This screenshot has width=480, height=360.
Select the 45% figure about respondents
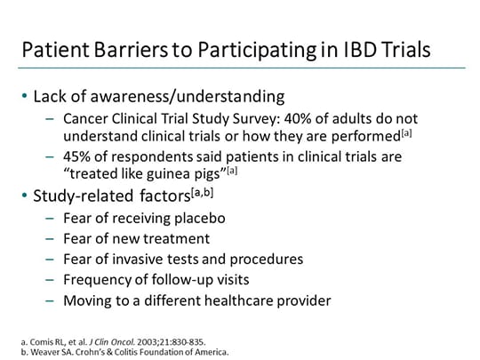pyautogui.click(x=77, y=156)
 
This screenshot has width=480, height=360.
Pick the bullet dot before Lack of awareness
pyautogui.click(x=26, y=96)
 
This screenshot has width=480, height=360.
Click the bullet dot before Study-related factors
pyautogui.click(x=26, y=196)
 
